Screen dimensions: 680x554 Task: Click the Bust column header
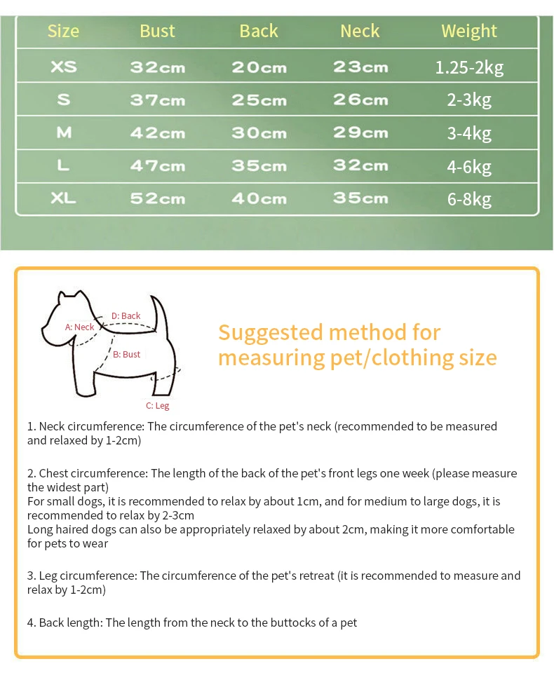pos(157,31)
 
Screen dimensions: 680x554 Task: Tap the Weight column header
pos(468,31)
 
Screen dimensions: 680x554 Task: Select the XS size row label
pos(64,67)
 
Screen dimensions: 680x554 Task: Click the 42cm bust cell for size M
pos(158,133)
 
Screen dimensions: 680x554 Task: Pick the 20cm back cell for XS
pos(259,67)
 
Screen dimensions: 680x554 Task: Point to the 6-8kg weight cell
pos(469,199)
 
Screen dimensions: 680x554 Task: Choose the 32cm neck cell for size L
pos(360,166)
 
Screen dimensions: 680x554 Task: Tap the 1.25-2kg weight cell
pos(469,67)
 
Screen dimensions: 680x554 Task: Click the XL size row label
pos(64,199)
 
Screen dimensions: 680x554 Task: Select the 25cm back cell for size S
pos(259,100)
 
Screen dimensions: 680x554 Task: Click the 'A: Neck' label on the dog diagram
pos(79,327)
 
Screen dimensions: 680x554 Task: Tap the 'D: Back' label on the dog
pos(126,316)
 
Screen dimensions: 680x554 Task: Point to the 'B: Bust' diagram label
pos(127,355)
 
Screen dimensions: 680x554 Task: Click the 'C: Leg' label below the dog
pos(157,406)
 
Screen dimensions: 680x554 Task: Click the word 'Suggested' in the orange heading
pos(269,332)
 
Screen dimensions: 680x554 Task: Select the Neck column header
pos(360,31)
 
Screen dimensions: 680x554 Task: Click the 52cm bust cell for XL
pos(158,199)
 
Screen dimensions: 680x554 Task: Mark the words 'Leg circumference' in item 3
pos(87,576)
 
